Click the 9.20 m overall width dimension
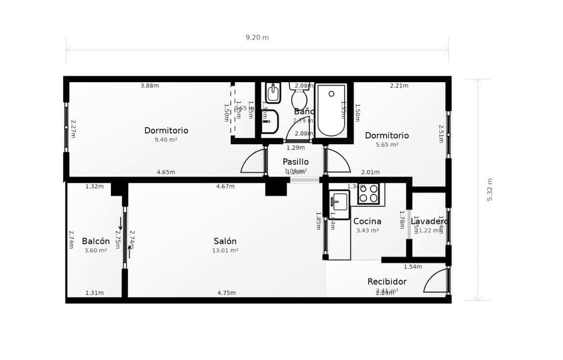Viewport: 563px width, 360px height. [x=257, y=38]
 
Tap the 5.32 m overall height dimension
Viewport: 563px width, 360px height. [x=490, y=189]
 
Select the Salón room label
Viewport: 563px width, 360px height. [x=225, y=241]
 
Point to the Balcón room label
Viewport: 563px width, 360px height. [x=96, y=241]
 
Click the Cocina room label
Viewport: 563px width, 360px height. [x=367, y=222]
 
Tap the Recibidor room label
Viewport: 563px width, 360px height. [x=387, y=282]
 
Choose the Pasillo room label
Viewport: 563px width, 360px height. [x=296, y=162]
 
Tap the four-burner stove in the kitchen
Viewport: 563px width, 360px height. [x=368, y=194]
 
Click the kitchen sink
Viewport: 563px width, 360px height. [x=339, y=202]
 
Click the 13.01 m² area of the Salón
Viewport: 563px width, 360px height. [x=225, y=250]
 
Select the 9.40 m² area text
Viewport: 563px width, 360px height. [x=166, y=140]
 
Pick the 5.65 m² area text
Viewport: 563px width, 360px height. [x=387, y=145]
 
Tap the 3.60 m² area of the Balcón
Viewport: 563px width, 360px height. [x=96, y=250]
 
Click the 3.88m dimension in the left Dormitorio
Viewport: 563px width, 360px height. [x=150, y=86]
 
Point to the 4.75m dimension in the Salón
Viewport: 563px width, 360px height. [x=226, y=293]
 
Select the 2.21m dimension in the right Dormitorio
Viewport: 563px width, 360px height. [x=399, y=86]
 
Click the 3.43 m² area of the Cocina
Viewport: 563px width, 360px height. [x=367, y=231]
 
